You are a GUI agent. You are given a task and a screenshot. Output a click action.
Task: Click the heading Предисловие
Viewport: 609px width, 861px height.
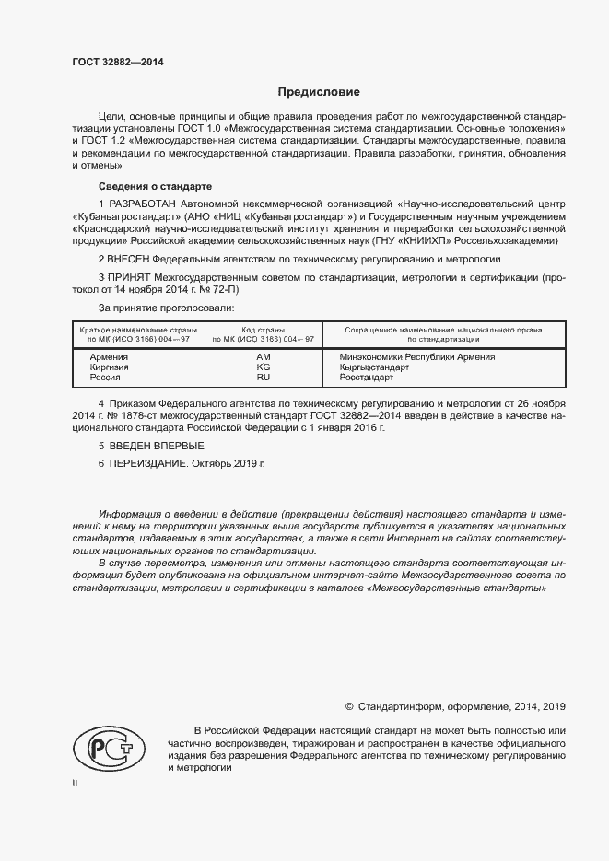319,92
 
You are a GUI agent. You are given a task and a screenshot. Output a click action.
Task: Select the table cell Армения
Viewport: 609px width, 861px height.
109,356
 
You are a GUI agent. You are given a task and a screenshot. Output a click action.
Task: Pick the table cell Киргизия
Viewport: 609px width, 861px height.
109,367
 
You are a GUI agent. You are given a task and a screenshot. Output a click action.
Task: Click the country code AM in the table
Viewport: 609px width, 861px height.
263,356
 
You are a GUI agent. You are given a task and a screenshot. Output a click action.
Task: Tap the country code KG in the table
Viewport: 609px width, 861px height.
263,367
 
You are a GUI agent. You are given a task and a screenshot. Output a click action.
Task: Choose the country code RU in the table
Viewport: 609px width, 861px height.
263,378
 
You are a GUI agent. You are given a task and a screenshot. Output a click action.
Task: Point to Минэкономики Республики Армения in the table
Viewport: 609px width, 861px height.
416,356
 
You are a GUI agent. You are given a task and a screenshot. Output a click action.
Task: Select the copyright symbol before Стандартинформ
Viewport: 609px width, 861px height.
349,706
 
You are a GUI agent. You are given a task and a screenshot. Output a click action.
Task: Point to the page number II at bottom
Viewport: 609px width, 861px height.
75,784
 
